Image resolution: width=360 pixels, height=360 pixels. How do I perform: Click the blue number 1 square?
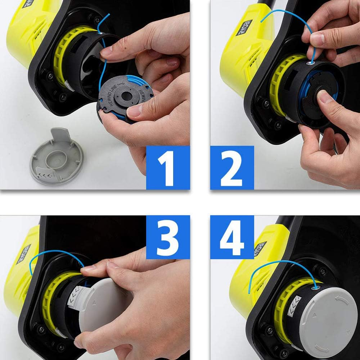pyautogui.click(x=168, y=167)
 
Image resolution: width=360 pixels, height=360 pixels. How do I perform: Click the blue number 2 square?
pyautogui.click(x=232, y=167)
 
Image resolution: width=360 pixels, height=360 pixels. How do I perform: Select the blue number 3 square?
pyautogui.click(x=168, y=238)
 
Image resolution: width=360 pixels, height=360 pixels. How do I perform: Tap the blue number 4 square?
pyautogui.click(x=232, y=238)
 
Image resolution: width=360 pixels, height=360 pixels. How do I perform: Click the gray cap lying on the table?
pyautogui.click(x=57, y=157)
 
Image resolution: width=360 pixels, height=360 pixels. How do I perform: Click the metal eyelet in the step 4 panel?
pyautogui.click(x=316, y=287)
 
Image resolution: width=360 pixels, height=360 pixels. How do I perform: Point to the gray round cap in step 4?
pyautogui.click(x=328, y=317)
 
